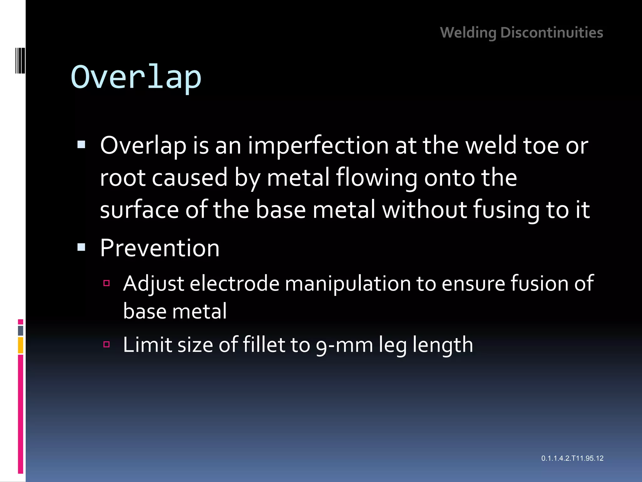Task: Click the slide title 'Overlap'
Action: coord(136,78)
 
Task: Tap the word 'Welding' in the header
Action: coord(468,33)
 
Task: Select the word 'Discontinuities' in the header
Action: coord(552,33)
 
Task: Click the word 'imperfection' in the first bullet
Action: coord(318,146)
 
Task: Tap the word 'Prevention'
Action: coord(160,248)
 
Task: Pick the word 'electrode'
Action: coord(234,284)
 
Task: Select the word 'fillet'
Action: coord(264,345)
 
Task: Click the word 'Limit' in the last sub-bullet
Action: coord(147,345)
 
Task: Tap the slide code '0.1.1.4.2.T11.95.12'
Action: coord(572,458)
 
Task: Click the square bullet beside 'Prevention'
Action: coord(81,248)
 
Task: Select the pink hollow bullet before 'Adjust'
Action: coord(107,283)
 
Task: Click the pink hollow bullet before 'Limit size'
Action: coord(107,345)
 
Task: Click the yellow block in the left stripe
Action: coord(21,345)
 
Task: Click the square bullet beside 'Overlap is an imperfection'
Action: coord(81,145)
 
